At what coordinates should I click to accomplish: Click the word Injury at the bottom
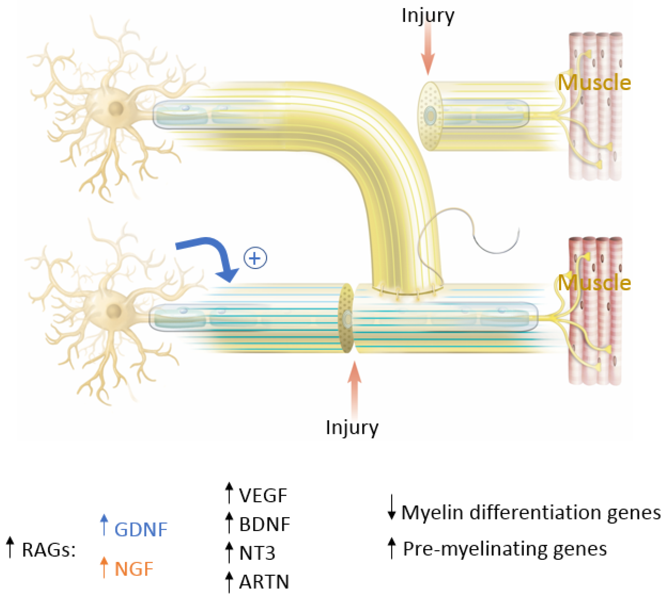pyautogui.click(x=352, y=427)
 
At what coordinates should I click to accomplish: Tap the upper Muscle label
pyautogui.click(x=594, y=83)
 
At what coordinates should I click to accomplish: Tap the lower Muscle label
pyautogui.click(x=594, y=283)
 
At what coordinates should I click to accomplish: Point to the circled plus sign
pyautogui.click(x=255, y=258)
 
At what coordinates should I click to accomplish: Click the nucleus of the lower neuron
pyautogui.click(x=114, y=310)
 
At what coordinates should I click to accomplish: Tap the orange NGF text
pyautogui.click(x=134, y=569)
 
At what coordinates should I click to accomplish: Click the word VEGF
pyautogui.click(x=263, y=496)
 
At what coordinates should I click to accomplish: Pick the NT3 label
pyautogui.click(x=257, y=553)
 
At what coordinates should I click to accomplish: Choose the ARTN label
pyautogui.click(x=264, y=582)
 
